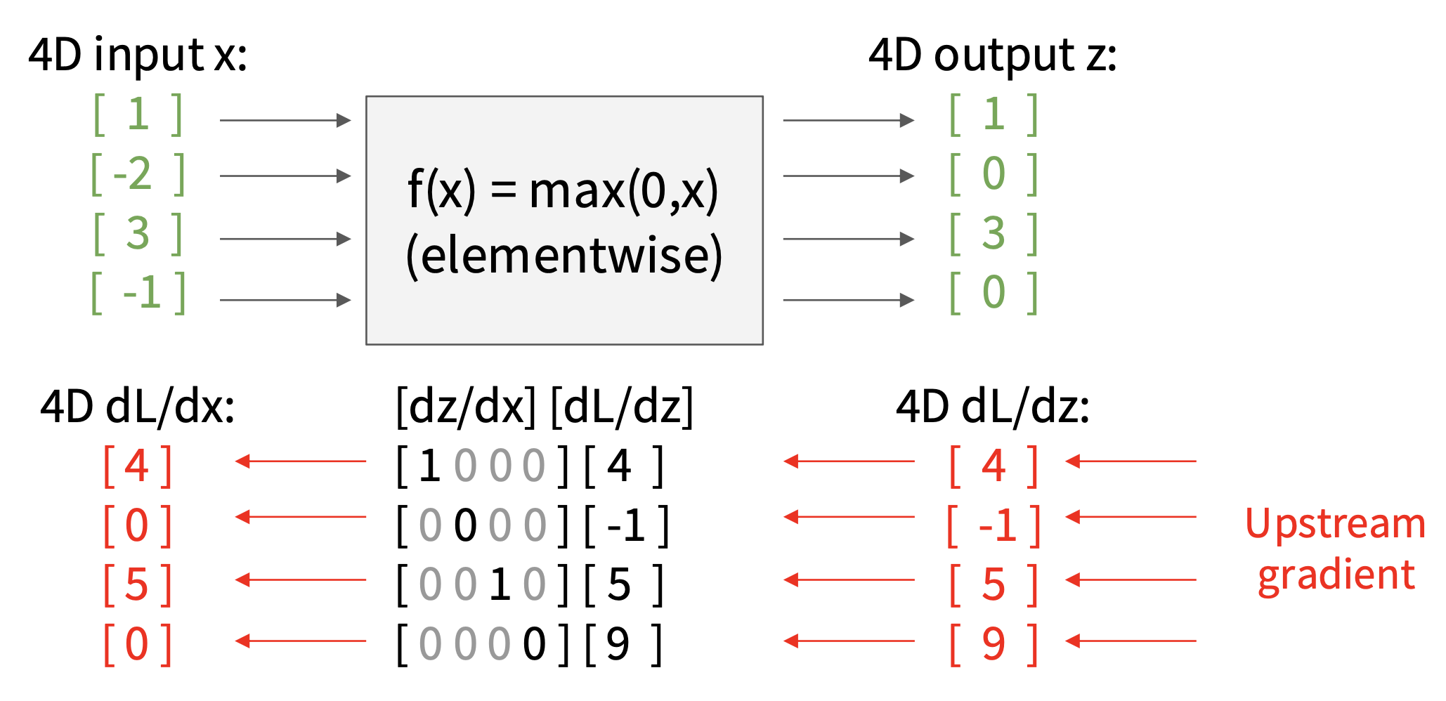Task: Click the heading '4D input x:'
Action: click(138, 55)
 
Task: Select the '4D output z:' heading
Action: click(992, 55)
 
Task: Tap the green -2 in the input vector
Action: click(133, 173)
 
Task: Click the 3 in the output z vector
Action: click(994, 233)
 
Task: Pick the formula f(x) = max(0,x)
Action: click(564, 190)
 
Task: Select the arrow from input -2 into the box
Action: click(285, 176)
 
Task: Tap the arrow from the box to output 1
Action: click(848, 120)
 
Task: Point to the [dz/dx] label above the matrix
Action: click(467, 406)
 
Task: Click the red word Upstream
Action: click(1335, 524)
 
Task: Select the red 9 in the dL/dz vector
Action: click(994, 643)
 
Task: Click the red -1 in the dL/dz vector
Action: click(997, 525)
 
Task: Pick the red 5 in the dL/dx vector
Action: click(137, 584)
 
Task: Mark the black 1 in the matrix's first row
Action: click(429, 466)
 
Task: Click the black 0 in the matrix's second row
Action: click(465, 525)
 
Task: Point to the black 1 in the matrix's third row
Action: click(500, 584)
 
